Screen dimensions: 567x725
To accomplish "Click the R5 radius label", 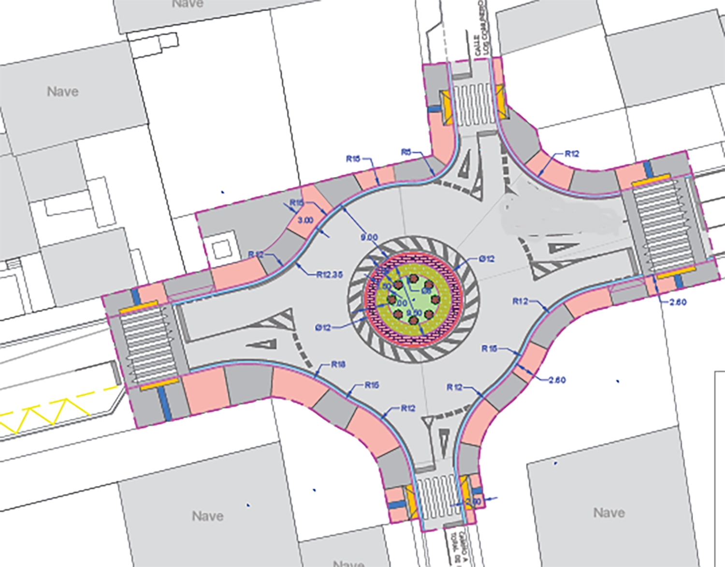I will [406, 152].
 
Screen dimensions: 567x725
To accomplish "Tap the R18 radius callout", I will [338, 364].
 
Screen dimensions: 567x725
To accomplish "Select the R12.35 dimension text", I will [330, 275].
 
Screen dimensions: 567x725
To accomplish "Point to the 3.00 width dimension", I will [305, 220].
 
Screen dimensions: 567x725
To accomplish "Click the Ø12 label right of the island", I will [487, 259].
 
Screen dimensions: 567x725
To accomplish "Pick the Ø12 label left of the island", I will [323, 328].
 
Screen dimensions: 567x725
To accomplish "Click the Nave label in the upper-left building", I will [63, 91].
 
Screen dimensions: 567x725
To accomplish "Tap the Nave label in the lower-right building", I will [609, 512].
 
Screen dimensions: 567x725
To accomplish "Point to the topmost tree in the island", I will [413, 279].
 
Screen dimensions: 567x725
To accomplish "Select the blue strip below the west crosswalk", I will [165, 403].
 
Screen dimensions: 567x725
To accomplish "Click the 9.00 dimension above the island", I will [369, 237].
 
